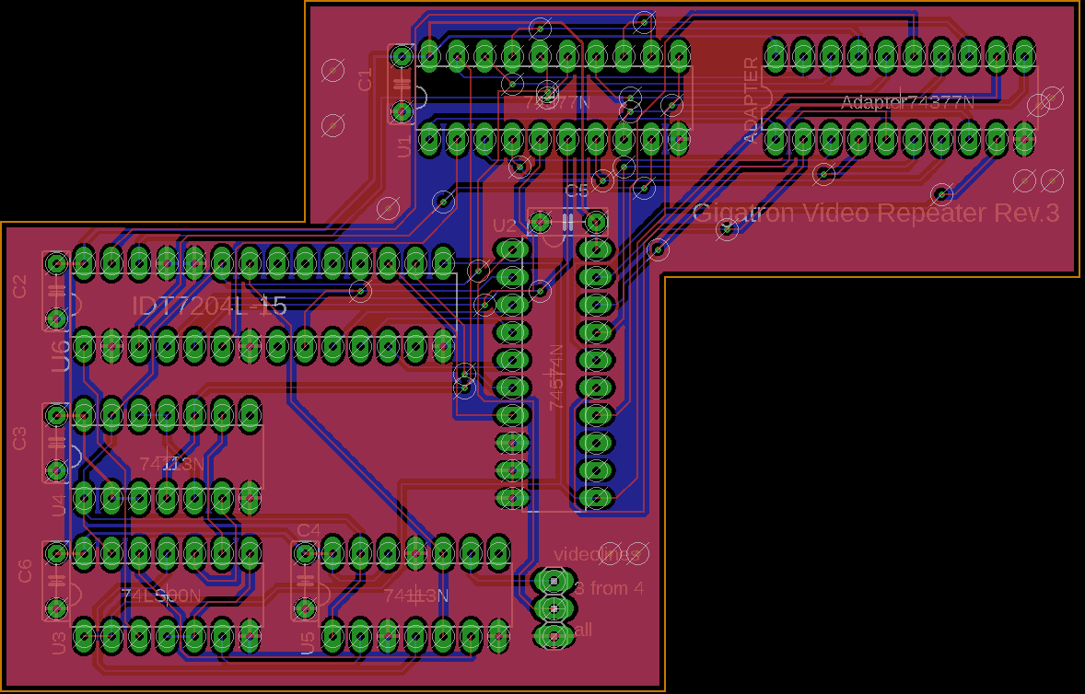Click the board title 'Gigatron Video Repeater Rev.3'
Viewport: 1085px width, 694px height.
(x=875, y=214)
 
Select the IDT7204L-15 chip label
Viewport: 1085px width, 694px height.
(x=209, y=307)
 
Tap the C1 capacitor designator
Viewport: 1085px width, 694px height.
(x=366, y=80)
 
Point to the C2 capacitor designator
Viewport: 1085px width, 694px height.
(x=20, y=286)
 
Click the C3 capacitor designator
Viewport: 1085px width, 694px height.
(x=20, y=439)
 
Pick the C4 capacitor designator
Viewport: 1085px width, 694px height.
(x=309, y=530)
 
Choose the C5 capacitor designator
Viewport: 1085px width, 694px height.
(x=577, y=191)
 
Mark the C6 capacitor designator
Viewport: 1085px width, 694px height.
(x=25, y=572)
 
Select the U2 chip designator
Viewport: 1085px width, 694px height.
(x=505, y=226)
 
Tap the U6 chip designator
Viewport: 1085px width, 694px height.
(x=60, y=355)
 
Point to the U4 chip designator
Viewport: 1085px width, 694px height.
(x=60, y=505)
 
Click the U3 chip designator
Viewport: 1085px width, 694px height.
(x=60, y=643)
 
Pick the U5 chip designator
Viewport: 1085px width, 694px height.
(x=308, y=642)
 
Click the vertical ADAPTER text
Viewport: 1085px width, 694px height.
(x=752, y=99)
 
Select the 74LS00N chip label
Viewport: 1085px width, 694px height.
(x=160, y=596)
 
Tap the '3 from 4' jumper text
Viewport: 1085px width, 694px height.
(x=610, y=588)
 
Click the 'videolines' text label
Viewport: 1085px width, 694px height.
(x=596, y=554)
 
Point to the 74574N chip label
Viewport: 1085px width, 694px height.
(x=556, y=377)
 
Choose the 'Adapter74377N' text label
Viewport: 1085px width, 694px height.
(x=907, y=102)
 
